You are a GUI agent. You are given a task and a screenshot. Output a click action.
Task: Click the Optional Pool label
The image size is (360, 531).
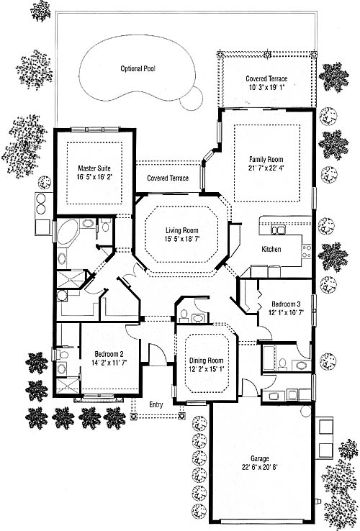(x=138, y=69)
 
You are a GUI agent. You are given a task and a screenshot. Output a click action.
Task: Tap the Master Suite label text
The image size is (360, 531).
(x=94, y=168)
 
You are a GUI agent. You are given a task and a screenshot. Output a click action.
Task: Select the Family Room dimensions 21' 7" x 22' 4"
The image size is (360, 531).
(x=266, y=168)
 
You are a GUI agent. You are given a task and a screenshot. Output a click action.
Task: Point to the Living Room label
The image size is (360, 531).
(x=182, y=231)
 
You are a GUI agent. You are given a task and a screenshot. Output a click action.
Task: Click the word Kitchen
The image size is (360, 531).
(x=271, y=249)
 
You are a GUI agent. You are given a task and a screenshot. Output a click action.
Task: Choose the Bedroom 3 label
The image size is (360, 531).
(x=286, y=304)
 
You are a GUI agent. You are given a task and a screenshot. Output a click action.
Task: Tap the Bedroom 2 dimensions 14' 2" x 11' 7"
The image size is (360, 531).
(x=109, y=363)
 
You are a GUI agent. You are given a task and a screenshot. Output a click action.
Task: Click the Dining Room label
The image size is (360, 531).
(x=206, y=360)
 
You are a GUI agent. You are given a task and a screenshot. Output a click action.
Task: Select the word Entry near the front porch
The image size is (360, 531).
(x=156, y=404)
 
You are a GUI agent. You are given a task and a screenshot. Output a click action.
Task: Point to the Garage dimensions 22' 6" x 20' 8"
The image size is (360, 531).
(x=260, y=467)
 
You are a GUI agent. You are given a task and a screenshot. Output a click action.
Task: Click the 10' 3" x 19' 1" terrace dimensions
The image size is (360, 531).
(x=266, y=87)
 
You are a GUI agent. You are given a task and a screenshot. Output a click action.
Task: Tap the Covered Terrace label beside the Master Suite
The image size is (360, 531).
(x=168, y=178)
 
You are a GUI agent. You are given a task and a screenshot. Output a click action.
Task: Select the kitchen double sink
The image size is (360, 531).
(x=278, y=230)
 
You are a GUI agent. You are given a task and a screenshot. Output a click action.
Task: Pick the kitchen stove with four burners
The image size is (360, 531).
(x=307, y=252)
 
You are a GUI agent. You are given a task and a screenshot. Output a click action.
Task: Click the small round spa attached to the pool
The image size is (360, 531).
(x=192, y=98)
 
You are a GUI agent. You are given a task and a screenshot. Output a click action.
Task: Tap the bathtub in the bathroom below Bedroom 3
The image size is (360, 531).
(x=269, y=358)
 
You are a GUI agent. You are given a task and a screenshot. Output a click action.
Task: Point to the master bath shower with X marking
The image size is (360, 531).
(x=70, y=279)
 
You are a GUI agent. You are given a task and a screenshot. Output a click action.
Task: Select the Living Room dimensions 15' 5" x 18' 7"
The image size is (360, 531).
(x=182, y=239)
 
